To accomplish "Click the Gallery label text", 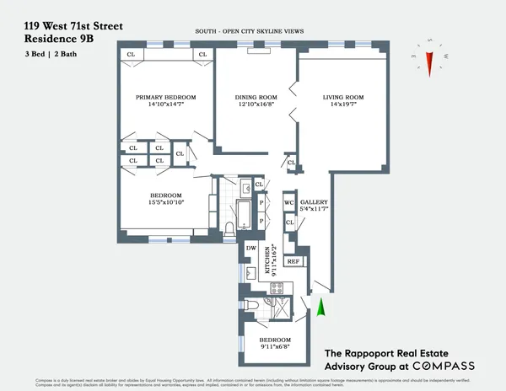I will (x=314, y=202).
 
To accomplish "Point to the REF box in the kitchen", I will (x=293, y=262).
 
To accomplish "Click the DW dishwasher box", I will (x=250, y=249).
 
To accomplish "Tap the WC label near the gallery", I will (x=288, y=203).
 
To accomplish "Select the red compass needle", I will (x=429, y=62).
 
